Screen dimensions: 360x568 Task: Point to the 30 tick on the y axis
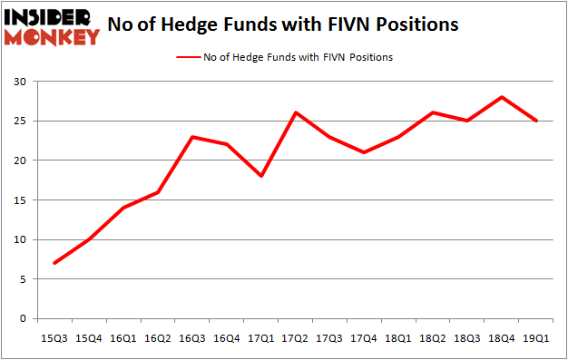click(19, 82)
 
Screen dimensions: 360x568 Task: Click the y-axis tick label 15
click(19, 200)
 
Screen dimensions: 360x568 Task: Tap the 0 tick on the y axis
click(23, 319)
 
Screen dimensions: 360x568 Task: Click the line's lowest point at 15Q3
click(54, 263)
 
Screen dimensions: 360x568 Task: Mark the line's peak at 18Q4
click(502, 97)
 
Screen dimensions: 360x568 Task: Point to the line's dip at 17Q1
click(261, 176)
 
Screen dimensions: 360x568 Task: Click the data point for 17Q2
click(296, 112)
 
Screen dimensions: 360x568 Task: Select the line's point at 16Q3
click(192, 137)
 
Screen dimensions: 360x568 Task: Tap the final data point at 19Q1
click(536, 121)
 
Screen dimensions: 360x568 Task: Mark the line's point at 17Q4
click(364, 152)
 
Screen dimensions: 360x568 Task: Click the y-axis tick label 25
click(19, 121)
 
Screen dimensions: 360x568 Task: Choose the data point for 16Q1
click(123, 208)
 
